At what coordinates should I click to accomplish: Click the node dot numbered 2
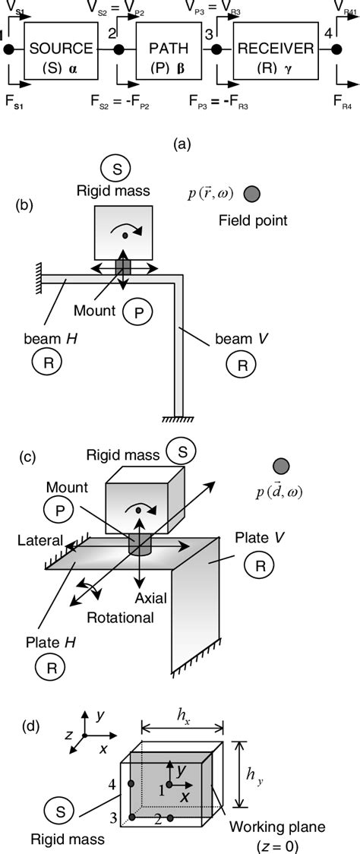point(118,50)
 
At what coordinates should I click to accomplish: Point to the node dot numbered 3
point(216,50)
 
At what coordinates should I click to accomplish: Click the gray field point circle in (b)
point(252,195)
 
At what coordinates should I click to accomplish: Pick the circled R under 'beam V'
point(242,365)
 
